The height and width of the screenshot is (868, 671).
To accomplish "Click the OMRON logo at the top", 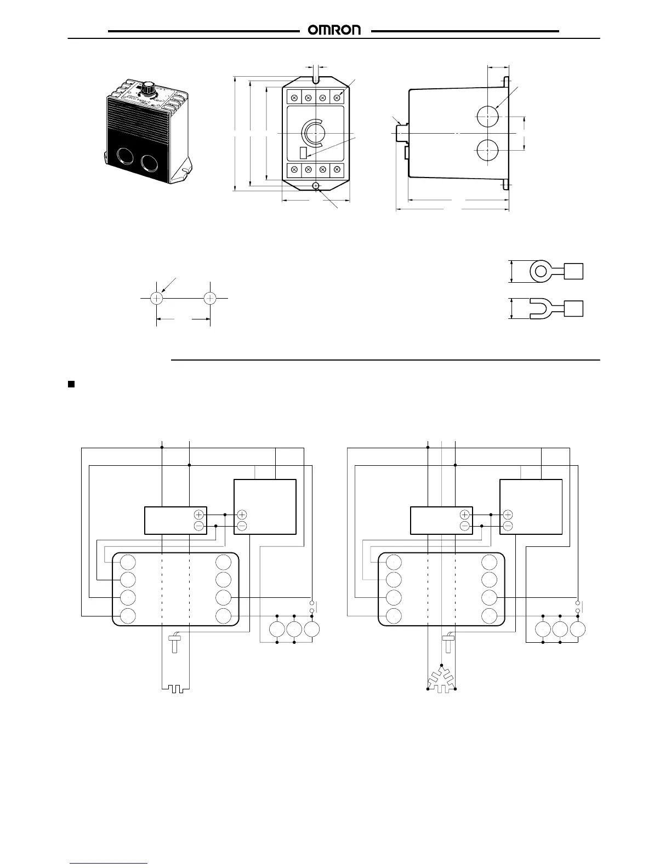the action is point(335,31).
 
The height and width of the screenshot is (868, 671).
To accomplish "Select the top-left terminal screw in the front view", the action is point(294,98).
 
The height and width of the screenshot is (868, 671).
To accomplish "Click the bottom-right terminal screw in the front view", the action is point(337,169).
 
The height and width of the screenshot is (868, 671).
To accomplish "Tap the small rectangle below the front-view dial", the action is point(303,152).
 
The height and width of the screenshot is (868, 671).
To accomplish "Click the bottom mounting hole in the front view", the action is point(316,186).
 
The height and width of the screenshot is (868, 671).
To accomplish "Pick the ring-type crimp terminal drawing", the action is point(555,271).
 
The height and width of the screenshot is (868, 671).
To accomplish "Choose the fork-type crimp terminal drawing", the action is point(555,309).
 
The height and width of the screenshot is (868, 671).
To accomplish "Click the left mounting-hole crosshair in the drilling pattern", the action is point(157,298).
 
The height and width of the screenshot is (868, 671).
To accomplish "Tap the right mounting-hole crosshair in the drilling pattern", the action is point(210,298).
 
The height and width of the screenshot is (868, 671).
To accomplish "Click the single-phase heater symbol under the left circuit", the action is point(176,688).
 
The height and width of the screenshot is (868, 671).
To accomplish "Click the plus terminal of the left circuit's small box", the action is point(198,515).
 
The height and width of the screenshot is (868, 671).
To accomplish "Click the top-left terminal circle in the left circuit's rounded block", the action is point(128,562).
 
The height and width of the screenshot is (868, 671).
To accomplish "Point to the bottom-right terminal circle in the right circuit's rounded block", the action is point(490,615).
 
